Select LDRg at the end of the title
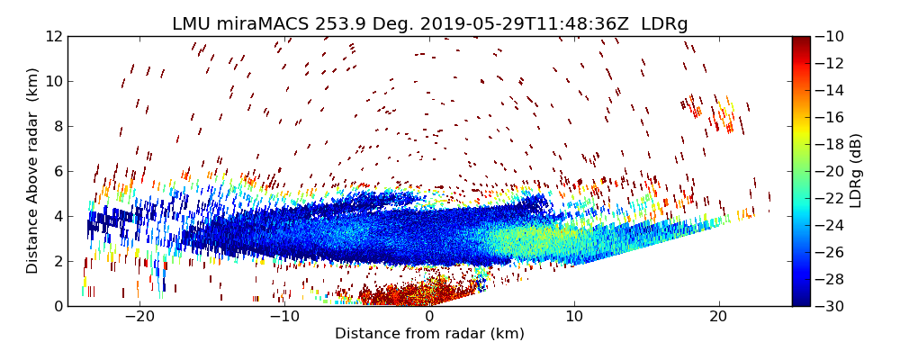tap(664, 24)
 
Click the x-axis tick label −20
tap(139, 318)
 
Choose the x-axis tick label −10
tap(284, 318)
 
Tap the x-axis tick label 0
tap(429, 318)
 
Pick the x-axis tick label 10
tap(574, 318)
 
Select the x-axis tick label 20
tap(718, 318)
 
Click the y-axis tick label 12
tap(52, 36)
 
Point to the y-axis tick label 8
tap(56, 126)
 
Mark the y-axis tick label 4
tap(56, 216)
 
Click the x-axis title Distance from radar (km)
tap(429, 334)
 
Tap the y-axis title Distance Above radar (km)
tap(33, 171)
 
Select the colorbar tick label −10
tap(837, 36)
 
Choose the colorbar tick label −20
tap(837, 171)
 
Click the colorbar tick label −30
tap(837, 306)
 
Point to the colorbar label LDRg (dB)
tap(856, 171)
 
